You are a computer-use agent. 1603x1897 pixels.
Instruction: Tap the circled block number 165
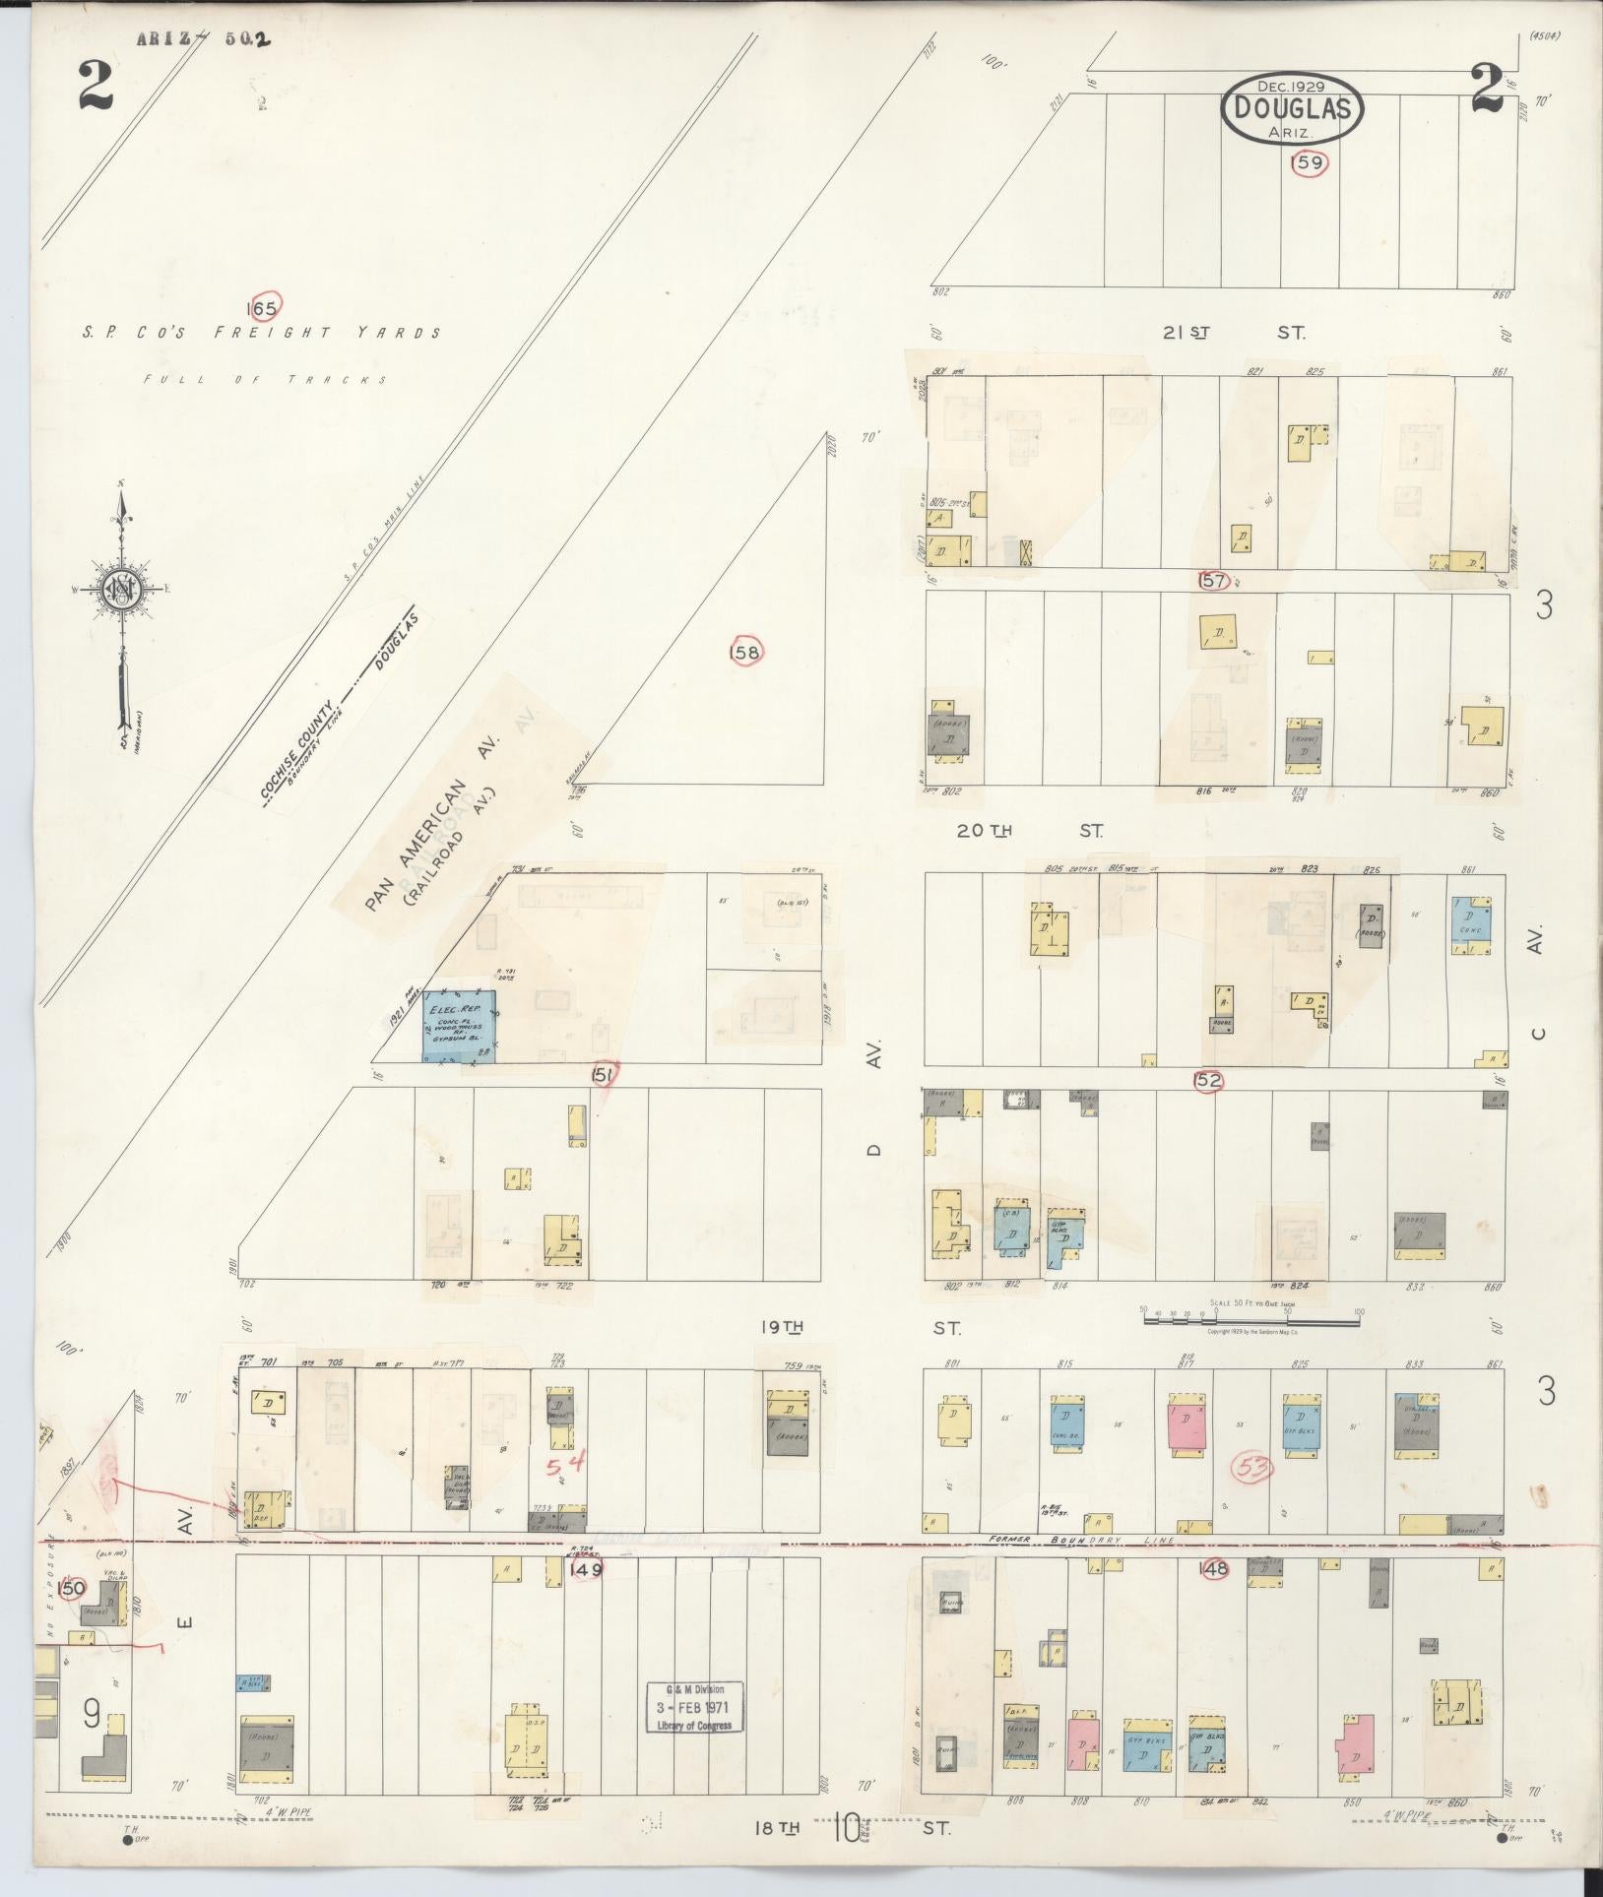(x=264, y=307)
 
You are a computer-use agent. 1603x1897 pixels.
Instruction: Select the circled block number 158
(x=746, y=652)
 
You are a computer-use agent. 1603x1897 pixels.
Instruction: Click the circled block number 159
(x=1310, y=163)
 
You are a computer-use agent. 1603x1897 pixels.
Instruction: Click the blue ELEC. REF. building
(x=459, y=1026)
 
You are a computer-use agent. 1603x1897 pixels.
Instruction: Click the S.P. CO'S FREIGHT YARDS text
(x=262, y=334)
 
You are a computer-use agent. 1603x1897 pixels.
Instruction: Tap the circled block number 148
(x=1214, y=1569)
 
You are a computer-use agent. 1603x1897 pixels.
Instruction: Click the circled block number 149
(x=586, y=1570)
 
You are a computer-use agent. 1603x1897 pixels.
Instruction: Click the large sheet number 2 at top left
(x=96, y=89)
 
